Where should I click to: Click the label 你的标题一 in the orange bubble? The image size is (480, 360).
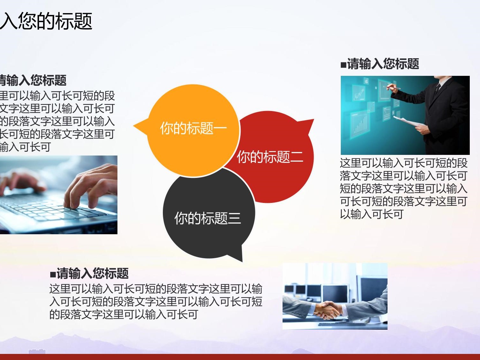point(194,128)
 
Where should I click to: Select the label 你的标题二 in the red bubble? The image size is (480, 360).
point(270,156)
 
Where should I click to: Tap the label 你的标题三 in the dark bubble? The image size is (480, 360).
point(208,218)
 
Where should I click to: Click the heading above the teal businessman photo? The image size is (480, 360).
point(380,64)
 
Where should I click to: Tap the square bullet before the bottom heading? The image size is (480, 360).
point(53,274)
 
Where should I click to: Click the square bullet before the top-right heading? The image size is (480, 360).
point(343,65)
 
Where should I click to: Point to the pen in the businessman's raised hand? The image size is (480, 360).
point(393,88)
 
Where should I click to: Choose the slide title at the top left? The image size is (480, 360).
point(46,21)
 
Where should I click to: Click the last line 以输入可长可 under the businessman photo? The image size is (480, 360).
point(372,214)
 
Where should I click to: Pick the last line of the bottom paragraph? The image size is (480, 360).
point(124,314)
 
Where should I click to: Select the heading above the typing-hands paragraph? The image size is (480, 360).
point(33,80)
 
